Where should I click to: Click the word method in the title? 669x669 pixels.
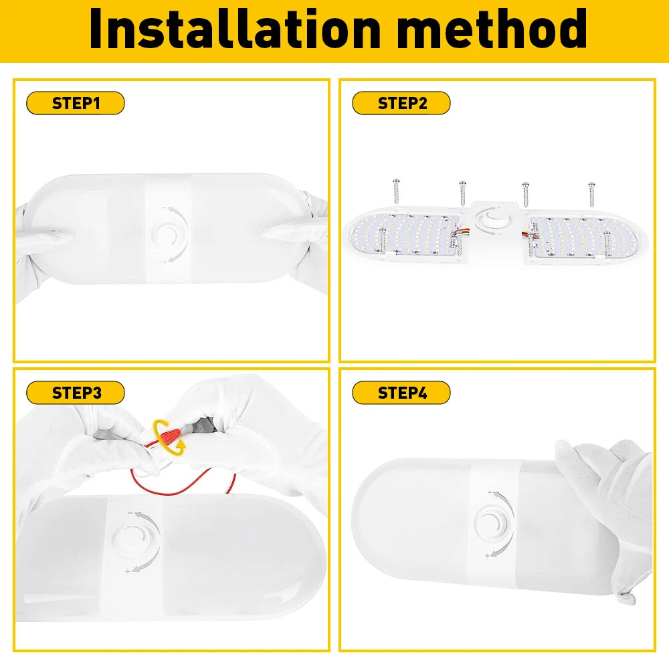point(495,29)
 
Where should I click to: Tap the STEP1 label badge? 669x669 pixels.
point(76,103)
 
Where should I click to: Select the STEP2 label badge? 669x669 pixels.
point(401,103)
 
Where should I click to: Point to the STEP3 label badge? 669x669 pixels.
point(76,393)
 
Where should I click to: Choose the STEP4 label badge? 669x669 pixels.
point(401,393)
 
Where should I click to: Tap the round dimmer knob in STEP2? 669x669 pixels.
point(494,219)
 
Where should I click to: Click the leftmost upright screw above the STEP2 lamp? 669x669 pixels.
point(396,191)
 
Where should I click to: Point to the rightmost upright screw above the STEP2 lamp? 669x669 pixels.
point(591,195)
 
